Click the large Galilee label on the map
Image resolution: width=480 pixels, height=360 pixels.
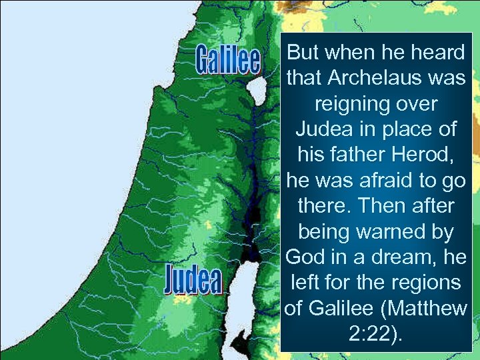pyautogui.click(x=227, y=59)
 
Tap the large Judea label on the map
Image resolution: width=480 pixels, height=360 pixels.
pyautogui.click(x=193, y=280)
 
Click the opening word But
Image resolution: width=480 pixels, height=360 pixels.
pyautogui.click(x=301, y=53)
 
